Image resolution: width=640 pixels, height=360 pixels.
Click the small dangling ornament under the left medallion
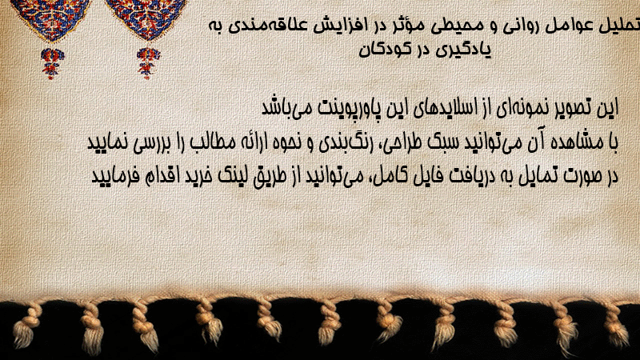tap(52, 63)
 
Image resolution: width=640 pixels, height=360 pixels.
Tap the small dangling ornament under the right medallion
tap(148, 62)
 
